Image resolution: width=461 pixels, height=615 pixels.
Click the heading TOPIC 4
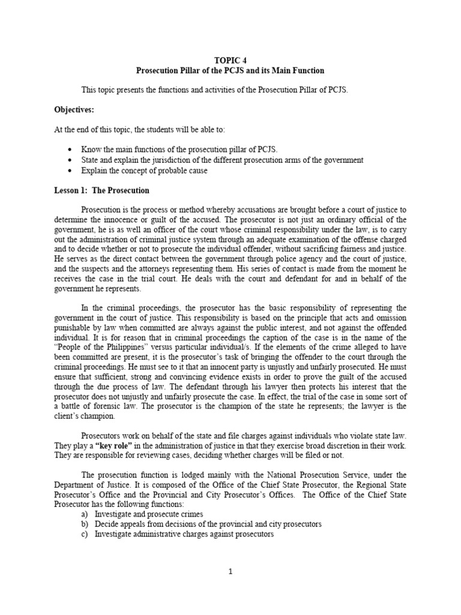230,61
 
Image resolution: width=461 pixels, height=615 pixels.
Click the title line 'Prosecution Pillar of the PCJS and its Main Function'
230,70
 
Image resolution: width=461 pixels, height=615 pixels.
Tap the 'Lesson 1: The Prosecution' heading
102,190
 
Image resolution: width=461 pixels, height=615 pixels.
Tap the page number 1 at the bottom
230,571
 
